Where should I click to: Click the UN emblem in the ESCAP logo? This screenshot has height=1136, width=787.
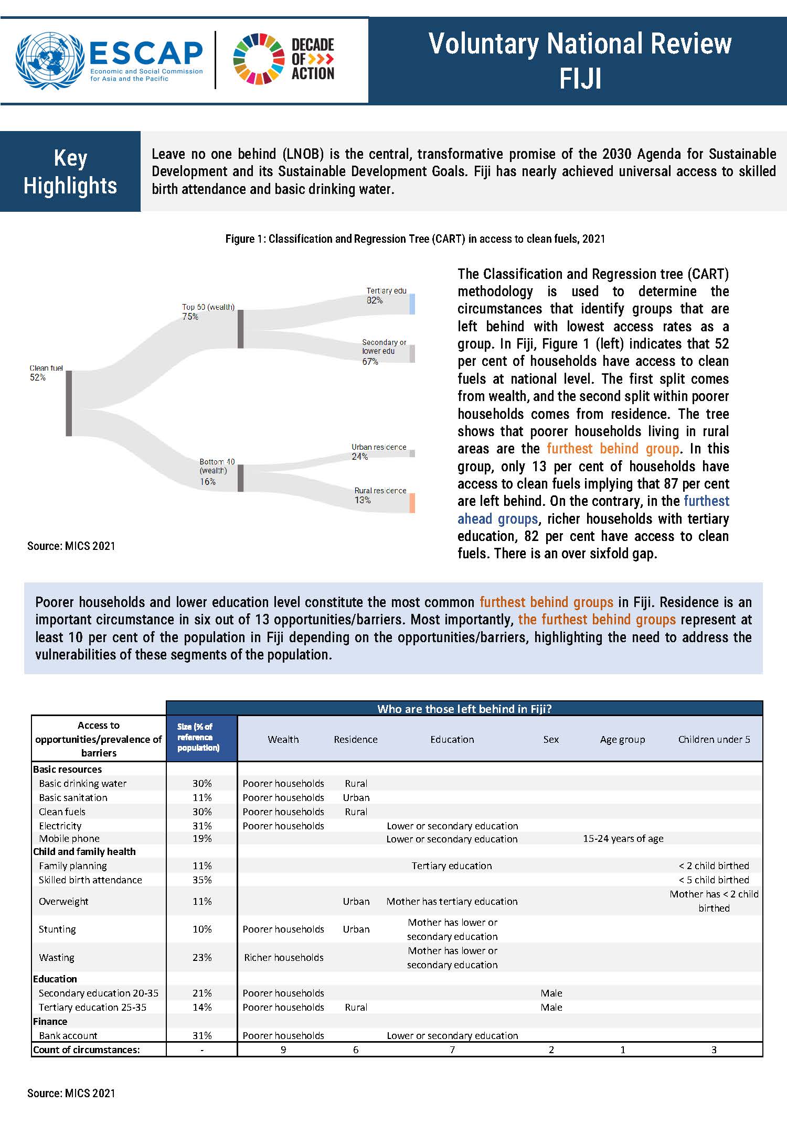point(50,61)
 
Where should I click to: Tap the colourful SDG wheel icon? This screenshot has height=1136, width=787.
point(259,59)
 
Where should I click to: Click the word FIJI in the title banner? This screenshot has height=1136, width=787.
point(580,79)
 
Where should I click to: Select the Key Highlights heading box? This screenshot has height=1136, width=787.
point(70,171)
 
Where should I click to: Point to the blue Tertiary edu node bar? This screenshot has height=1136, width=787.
point(412,304)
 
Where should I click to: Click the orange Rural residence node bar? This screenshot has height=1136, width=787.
point(412,503)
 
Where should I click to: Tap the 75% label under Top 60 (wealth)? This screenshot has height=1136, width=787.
point(190,317)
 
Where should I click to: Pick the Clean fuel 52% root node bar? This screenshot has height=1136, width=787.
point(69,403)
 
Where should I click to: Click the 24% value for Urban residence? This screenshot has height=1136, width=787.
point(360,457)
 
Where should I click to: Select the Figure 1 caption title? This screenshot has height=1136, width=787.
point(415,239)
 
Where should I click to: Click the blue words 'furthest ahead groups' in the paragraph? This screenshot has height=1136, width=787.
point(593,510)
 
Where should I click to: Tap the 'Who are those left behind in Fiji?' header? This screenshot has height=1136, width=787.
point(464,709)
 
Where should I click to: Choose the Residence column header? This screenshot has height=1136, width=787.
point(356,739)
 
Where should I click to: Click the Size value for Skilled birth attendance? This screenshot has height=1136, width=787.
point(202,880)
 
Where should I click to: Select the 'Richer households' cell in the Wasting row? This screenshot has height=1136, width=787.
point(283,957)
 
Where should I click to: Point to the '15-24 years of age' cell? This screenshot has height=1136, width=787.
point(623,838)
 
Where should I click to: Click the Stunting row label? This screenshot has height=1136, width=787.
point(57,929)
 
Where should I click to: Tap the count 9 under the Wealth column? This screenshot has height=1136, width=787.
point(283,1050)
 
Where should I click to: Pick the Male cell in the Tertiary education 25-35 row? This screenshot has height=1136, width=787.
point(551,1007)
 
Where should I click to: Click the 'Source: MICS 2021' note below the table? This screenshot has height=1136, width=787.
point(71,1093)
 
